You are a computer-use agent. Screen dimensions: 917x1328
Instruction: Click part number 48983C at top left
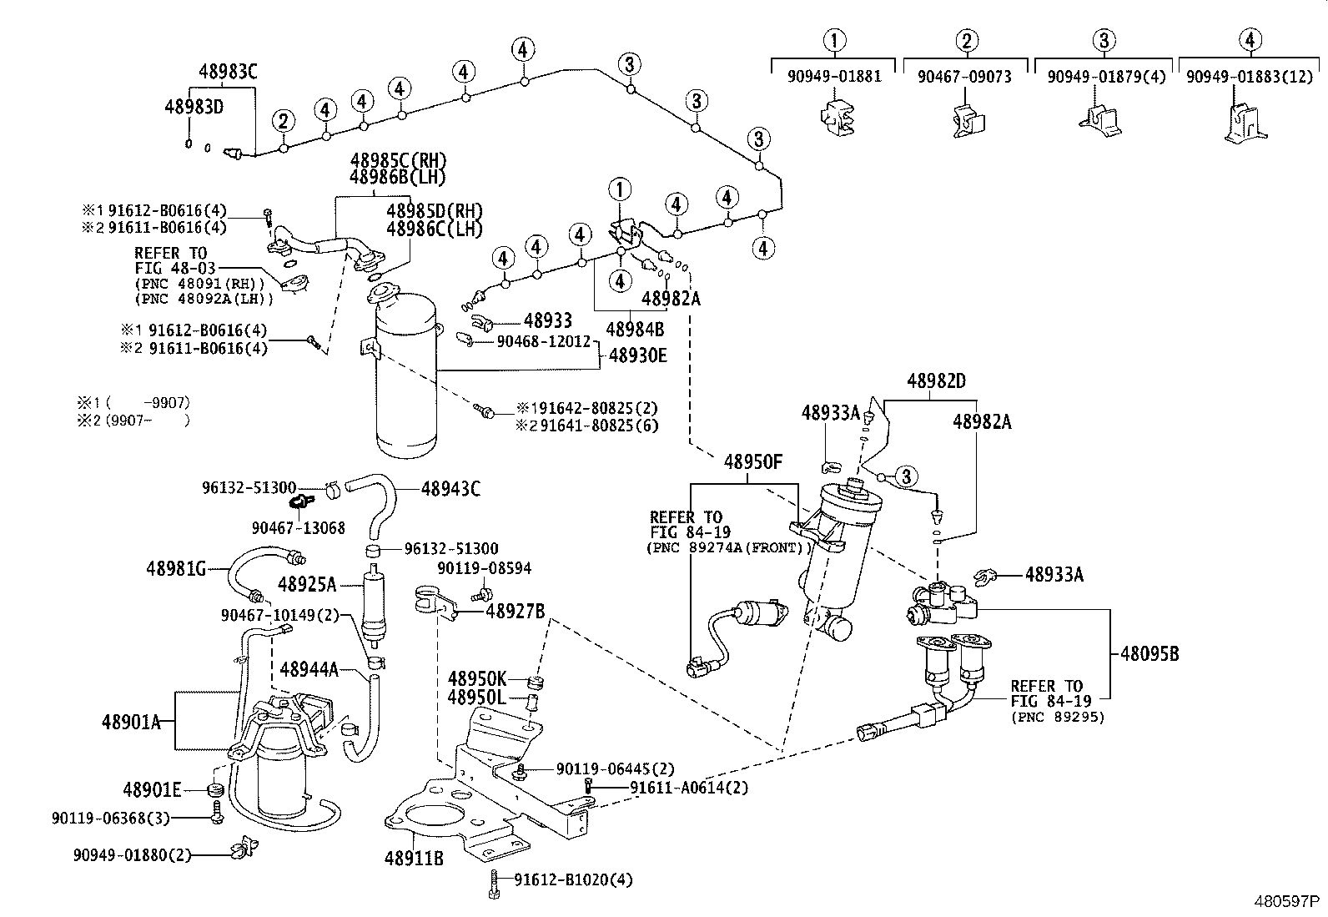coord(228,72)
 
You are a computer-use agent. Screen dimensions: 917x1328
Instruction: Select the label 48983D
coord(194,107)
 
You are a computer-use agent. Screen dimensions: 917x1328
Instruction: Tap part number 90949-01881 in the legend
coord(834,77)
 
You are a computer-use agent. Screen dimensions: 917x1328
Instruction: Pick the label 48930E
coord(637,355)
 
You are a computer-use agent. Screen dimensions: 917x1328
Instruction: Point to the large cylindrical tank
coord(406,375)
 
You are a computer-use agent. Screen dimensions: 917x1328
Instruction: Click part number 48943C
coord(450,489)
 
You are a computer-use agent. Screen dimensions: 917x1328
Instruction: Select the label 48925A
coord(307,584)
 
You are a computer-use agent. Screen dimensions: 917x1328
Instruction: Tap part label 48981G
coord(175,569)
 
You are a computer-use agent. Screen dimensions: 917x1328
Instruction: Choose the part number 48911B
coord(414,857)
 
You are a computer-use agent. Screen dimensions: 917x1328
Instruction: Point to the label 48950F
coord(752,461)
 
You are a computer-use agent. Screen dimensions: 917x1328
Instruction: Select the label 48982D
coord(936,381)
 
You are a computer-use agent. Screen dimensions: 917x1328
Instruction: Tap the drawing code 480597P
coord(1288,903)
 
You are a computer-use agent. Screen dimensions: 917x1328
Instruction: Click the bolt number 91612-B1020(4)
coord(574,879)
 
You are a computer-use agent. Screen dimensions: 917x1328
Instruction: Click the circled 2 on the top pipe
coord(284,122)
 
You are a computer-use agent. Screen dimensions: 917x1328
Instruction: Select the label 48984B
coord(635,329)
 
